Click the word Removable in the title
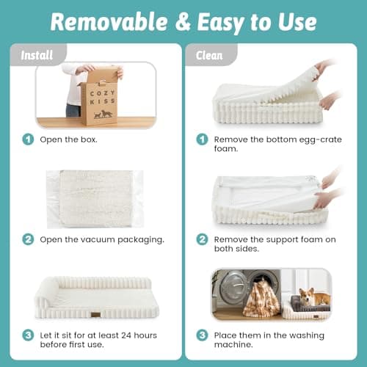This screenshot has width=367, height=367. click(x=109, y=21)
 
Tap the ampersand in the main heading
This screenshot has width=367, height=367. click(x=183, y=22)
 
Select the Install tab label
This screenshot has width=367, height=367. click(x=37, y=55)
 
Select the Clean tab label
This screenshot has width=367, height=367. click(x=209, y=55)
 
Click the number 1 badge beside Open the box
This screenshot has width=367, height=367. click(x=28, y=139)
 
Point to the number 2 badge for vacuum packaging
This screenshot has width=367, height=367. click(x=28, y=239)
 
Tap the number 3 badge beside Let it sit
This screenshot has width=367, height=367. click(x=28, y=335)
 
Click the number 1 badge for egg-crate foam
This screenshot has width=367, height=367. click(x=202, y=139)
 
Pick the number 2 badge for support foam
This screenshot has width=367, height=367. click(x=202, y=239)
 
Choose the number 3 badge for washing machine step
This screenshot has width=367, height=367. click(x=202, y=335)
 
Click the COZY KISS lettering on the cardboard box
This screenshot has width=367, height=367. click(x=102, y=97)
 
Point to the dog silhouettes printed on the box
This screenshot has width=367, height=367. click(x=103, y=115)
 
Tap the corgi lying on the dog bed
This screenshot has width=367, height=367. click(x=314, y=297)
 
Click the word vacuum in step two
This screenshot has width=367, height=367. click(x=98, y=239)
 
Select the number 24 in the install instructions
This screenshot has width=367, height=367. click(x=126, y=335)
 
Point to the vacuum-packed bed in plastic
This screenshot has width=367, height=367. click(x=95, y=199)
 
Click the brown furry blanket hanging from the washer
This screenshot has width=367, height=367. click(x=261, y=297)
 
